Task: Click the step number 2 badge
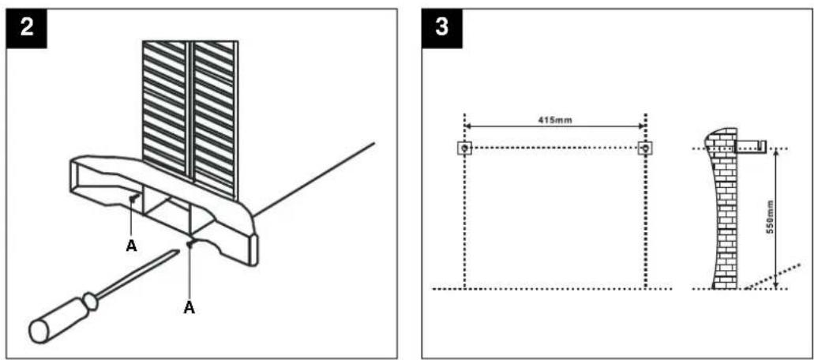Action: point(27,28)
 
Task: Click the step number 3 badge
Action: point(442,28)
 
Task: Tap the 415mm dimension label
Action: point(555,120)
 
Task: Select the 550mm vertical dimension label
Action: point(771,216)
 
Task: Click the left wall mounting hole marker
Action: point(464,148)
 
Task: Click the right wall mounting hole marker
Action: point(645,148)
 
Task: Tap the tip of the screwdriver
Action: point(178,252)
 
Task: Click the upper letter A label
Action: point(132,246)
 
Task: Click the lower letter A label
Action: point(189,308)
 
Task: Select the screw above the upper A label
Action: point(133,197)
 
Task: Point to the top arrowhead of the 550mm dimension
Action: point(775,153)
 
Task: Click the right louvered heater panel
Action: point(216,119)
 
